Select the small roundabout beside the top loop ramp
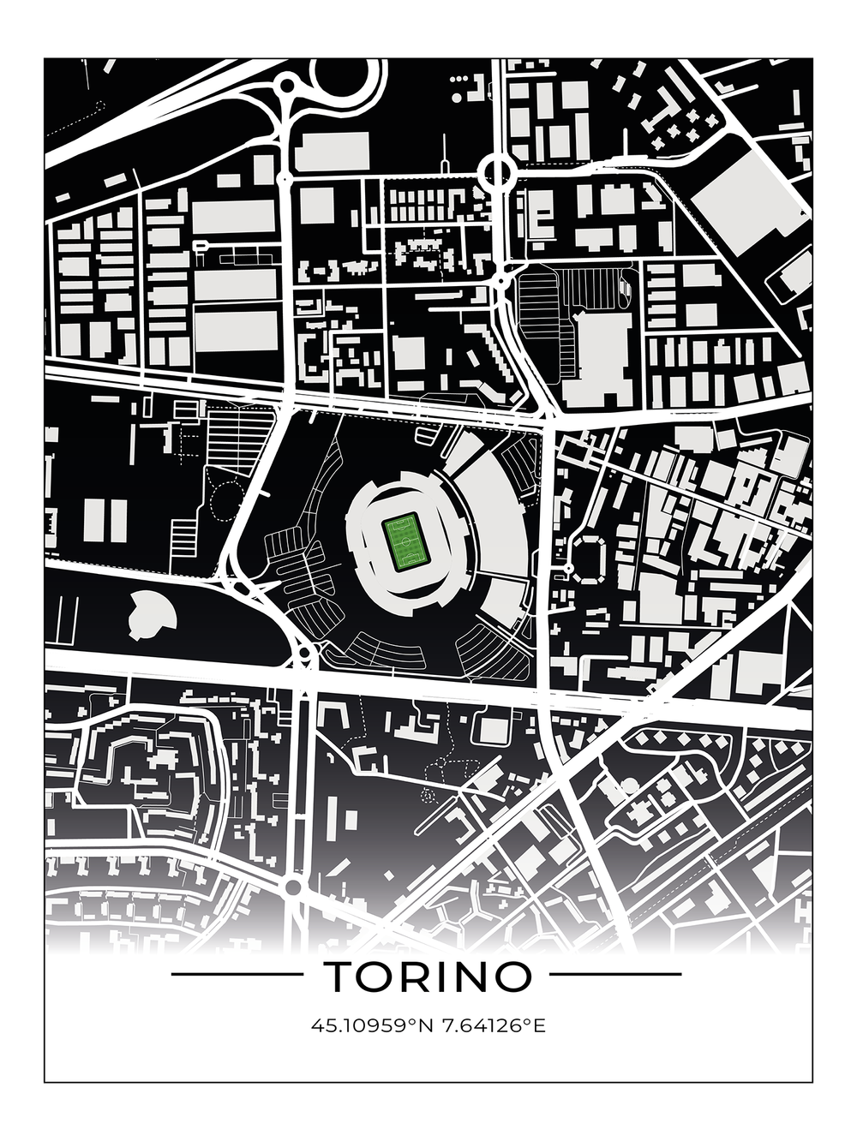pos(286,86)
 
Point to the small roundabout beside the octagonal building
pos(567,568)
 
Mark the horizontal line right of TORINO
pos(615,974)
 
